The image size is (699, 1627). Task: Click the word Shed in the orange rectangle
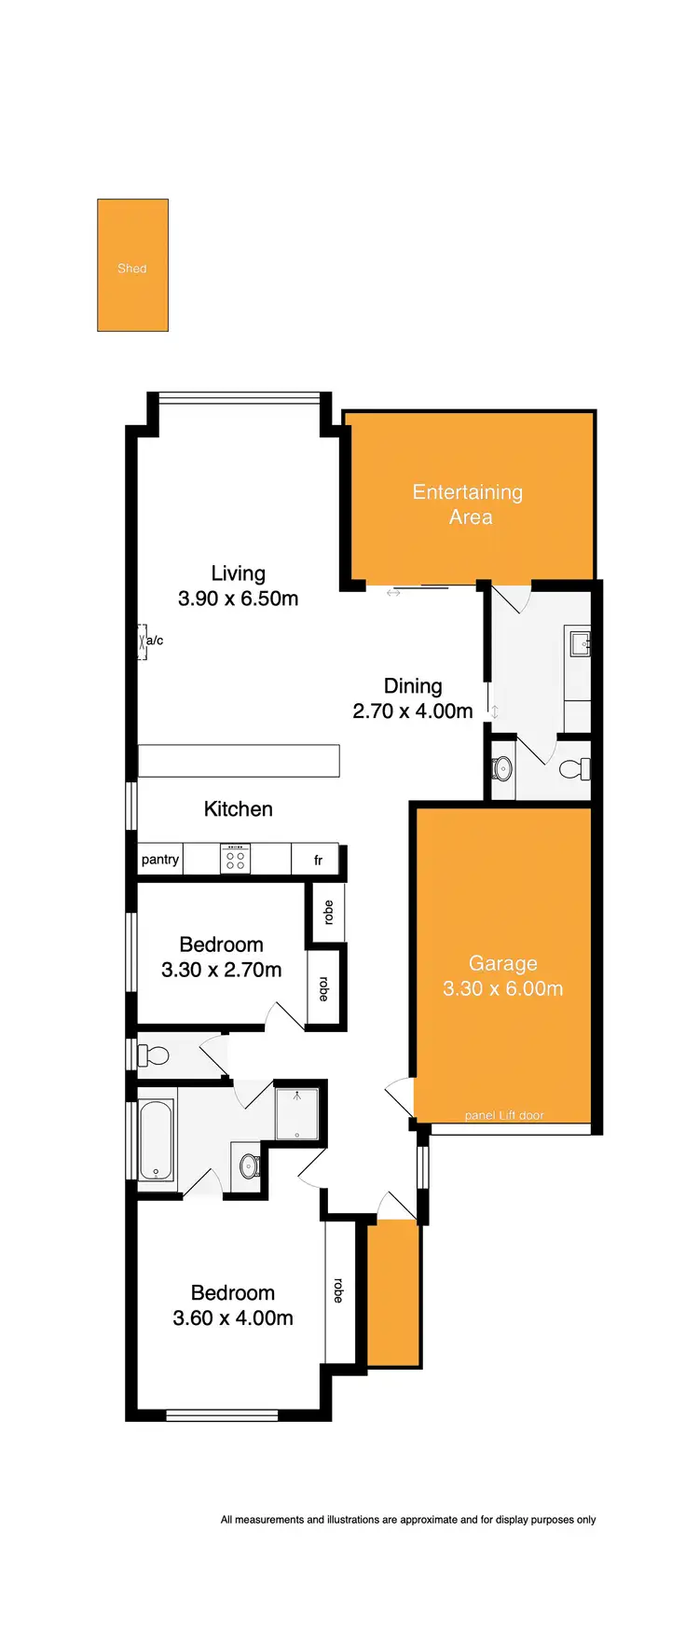click(x=131, y=269)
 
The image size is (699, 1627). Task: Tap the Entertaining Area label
click(x=468, y=504)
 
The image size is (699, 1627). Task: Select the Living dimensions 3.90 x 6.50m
click(x=238, y=599)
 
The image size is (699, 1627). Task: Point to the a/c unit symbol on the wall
click(x=143, y=641)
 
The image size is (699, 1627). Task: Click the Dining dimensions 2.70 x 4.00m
click(x=412, y=711)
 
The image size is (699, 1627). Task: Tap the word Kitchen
click(x=238, y=809)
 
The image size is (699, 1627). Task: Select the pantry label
click(x=159, y=860)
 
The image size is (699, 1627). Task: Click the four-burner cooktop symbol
click(x=235, y=859)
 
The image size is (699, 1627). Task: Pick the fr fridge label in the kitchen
click(x=318, y=861)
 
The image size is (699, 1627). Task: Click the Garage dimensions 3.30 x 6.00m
click(x=502, y=989)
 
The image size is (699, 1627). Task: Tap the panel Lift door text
click(x=503, y=1115)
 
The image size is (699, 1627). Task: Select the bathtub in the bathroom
click(x=156, y=1139)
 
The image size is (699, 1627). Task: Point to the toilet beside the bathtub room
click(x=154, y=1055)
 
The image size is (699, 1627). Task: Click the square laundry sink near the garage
click(x=580, y=641)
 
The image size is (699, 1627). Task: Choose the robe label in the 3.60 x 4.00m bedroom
click(x=338, y=1290)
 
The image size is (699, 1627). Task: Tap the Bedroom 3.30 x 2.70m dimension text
click(x=221, y=971)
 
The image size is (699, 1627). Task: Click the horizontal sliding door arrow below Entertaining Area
click(x=393, y=593)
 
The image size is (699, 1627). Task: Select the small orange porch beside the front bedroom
click(x=393, y=1294)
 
